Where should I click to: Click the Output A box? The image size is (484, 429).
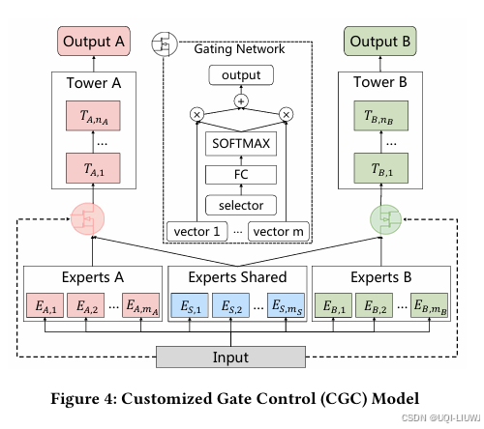tap(94, 42)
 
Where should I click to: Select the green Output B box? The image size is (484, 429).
tap(380, 42)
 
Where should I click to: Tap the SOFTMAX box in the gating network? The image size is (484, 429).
tap(241, 144)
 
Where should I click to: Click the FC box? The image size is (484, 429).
tap(241, 175)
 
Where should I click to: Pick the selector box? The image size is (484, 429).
tap(241, 205)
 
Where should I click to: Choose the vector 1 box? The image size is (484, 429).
tap(197, 231)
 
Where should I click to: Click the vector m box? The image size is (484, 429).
tap(279, 231)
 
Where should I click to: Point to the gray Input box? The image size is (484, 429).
tap(230, 357)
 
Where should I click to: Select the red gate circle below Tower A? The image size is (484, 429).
tap(87, 219)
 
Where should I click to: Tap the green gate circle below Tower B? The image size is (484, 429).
tap(385, 219)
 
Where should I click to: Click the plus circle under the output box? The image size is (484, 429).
tap(241, 101)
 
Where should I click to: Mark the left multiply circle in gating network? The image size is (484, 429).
tap(197, 114)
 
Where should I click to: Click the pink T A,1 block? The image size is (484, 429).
tap(93, 168)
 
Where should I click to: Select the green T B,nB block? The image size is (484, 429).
tap(380, 116)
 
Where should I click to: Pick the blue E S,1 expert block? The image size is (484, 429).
tap(190, 305)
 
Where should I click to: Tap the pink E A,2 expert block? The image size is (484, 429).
tap(86, 305)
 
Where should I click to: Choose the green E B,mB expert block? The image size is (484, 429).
tap(429, 305)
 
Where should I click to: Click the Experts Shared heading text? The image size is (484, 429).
tap(237, 277)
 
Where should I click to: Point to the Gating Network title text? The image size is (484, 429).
tap(239, 49)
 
